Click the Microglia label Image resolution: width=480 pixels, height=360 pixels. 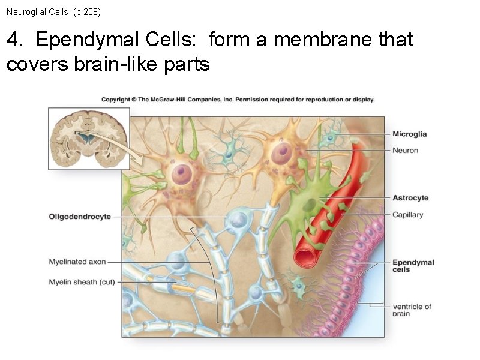click(x=409, y=134)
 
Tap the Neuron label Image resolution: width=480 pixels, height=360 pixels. click(x=405, y=150)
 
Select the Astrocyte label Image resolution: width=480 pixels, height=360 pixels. click(x=410, y=198)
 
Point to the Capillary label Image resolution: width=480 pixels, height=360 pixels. click(x=407, y=214)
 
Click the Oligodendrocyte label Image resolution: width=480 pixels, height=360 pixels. click(x=80, y=216)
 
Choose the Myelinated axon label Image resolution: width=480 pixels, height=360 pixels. click(x=77, y=262)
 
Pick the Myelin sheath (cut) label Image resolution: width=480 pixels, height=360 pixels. click(x=82, y=281)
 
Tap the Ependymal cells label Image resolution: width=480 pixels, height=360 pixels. click(x=413, y=266)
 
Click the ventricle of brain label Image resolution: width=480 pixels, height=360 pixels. click(x=412, y=310)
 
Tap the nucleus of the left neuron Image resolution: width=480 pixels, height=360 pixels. click(x=181, y=173)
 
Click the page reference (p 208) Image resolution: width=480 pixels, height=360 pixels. click(x=88, y=11)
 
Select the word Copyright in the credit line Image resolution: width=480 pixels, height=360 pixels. click(x=116, y=100)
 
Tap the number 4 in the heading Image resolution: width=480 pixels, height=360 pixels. click(x=13, y=40)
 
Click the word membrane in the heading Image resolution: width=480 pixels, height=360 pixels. click(x=307, y=40)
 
